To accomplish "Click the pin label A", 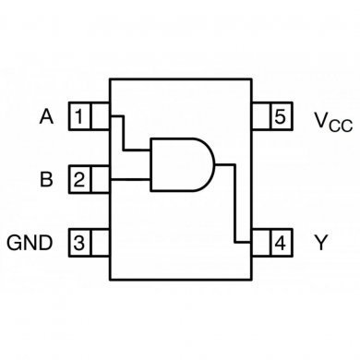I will pyautogui.click(x=46, y=117).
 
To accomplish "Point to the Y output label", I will pyautogui.click(x=319, y=244).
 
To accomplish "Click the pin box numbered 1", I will pyautogui.click(x=81, y=117).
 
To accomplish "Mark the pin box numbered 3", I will pyautogui.click(x=81, y=244).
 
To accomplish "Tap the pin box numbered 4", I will pyautogui.click(x=279, y=244).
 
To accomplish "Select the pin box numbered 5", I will pyautogui.click(x=279, y=117).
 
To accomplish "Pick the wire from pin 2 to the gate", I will pyautogui.click(x=129, y=179).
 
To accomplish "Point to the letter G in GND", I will pyautogui.click(x=15, y=244).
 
